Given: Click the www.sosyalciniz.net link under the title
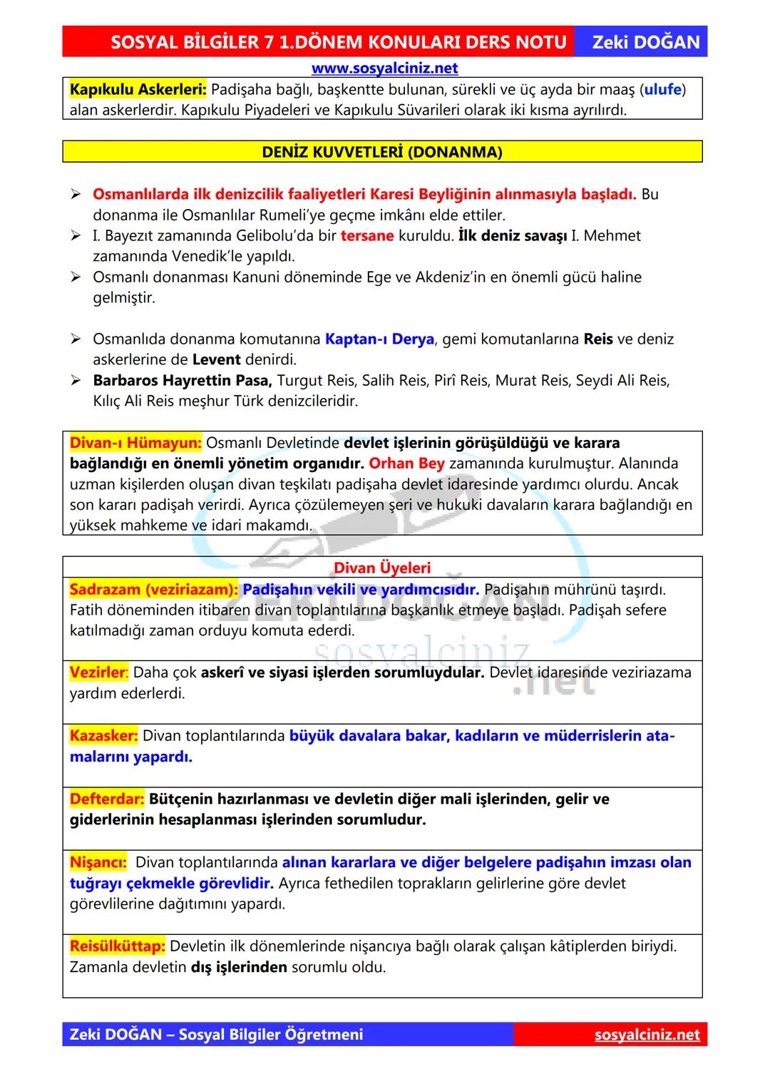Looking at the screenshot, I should click(x=384, y=68).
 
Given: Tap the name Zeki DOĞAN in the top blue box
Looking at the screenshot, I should click(x=646, y=42).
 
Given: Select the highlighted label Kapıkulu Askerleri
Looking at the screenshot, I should click(x=138, y=90).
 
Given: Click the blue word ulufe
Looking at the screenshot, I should click(x=662, y=90).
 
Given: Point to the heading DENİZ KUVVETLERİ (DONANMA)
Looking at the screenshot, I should click(x=382, y=152).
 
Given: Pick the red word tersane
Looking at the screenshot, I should click(x=366, y=236).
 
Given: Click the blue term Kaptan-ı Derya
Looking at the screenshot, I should click(x=379, y=339).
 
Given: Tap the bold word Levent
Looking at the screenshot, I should click(x=216, y=359).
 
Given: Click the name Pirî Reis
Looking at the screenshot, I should click(x=461, y=381).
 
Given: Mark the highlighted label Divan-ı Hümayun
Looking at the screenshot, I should click(x=135, y=443).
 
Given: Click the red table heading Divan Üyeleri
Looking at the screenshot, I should click(x=382, y=568).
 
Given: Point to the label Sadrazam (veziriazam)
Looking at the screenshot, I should click(x=153, y=590).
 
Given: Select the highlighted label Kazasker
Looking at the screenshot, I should click(x=103, y=736).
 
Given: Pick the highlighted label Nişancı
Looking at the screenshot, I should click(x=98, y=863).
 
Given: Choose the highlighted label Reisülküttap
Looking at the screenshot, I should click(x=117, y=946).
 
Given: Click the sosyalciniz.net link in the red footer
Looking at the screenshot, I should click(x=647, y=1035).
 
